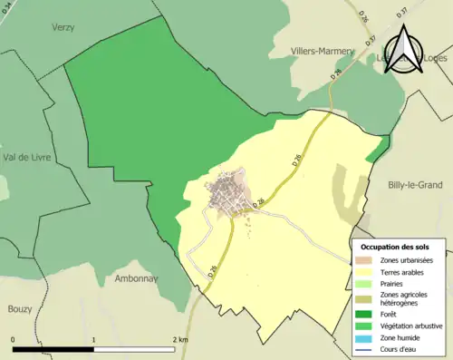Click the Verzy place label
point(61,28)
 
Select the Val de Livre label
point(27,158)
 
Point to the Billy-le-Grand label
point(412,185)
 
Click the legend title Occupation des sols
point(395,247)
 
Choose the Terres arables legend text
point(402,272)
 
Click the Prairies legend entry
point(393,284)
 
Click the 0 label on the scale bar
point(14,339)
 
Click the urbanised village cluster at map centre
point(226,193)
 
